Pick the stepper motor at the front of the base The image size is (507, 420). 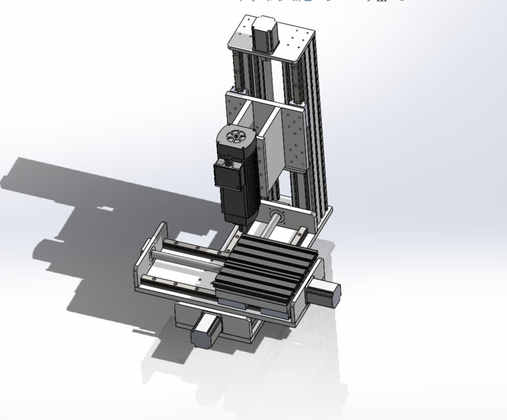tap(205, 331)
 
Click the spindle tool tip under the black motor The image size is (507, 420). tap(243, 226)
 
